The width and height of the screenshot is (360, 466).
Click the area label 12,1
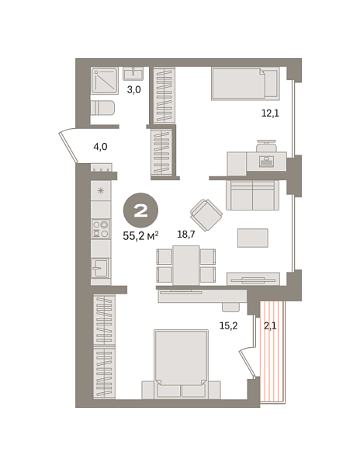tap(269, 113)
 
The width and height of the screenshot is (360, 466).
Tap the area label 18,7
tap(185, 234)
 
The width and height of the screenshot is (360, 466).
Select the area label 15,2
tap(227, 326)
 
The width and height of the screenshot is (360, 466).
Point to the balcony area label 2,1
tap(270, 326)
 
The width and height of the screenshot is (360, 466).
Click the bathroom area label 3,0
tap(133, 89)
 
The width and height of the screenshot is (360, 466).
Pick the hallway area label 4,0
tap(100, 146)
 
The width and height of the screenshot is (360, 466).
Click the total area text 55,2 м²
tap(140, 235)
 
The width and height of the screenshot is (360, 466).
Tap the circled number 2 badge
tap(140, 210)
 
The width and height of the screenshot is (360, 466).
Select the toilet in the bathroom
tap(102, 108)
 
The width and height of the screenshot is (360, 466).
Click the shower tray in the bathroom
tap(105, 81)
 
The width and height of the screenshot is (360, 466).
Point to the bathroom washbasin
tap(133, 73)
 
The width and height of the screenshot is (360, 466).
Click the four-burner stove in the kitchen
tap(101, 228)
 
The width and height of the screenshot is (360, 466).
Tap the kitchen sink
tap(100, 268)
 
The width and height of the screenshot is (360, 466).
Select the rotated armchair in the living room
tap(206, 214)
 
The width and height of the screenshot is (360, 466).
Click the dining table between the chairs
tap(186, 265)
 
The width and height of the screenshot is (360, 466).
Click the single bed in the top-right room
tap(244, 83)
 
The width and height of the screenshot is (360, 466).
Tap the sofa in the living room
tap(252, 195)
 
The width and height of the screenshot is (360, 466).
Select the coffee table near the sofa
tap(252, 238)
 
